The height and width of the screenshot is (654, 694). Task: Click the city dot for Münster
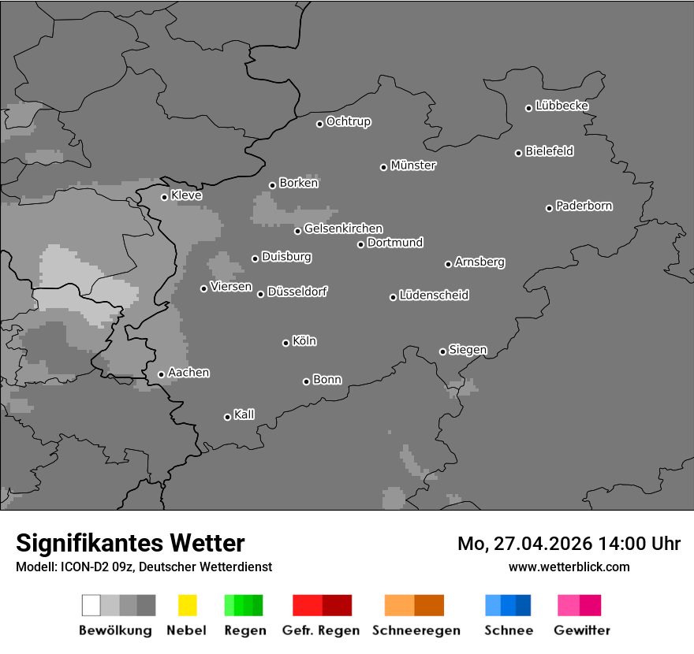[x=383, y=167]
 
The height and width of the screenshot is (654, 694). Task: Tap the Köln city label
[x=304, y=341]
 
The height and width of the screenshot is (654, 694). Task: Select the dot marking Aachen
[x=161, y=374]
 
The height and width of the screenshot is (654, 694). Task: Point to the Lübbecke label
[x=562, y=106]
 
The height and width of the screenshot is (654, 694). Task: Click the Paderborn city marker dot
[x=549, y=208]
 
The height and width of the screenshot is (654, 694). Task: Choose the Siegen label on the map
[x=468, y=350]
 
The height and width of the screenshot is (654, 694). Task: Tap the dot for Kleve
[x=164, y=197]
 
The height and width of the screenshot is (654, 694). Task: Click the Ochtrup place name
[x=349, y=122]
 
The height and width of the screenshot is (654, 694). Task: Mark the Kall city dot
[x=227, y=417]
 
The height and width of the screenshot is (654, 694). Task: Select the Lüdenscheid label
[x=434, y=295]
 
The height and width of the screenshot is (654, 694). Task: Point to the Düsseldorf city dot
[x=260, y=294]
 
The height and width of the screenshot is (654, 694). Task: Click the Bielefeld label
[x=549, y=151]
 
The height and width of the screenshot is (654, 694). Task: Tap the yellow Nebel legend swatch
[x=187, y=605]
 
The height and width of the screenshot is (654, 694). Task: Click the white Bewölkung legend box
[x=91, y=605]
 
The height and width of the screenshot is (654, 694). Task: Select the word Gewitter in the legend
[x=582, y=630]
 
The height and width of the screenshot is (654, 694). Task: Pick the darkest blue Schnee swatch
[x=523, y=605]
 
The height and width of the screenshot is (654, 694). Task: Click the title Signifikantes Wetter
[x=130, y=544]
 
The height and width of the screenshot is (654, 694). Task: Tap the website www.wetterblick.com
[x=569, y=567]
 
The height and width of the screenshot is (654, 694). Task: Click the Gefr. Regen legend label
[x=321, y=630]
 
